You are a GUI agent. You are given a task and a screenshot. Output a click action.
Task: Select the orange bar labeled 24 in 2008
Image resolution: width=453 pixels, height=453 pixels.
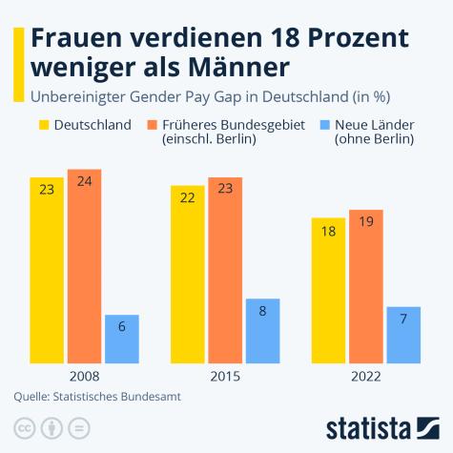84,266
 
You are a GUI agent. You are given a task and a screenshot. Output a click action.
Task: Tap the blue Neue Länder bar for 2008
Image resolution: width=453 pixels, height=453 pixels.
121,339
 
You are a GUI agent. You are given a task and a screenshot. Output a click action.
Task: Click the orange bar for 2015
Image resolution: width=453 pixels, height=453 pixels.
225,271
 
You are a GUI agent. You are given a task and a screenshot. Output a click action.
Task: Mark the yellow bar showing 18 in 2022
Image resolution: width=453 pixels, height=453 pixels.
329,290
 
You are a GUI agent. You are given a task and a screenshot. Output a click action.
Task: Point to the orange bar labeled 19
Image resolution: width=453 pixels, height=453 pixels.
366,286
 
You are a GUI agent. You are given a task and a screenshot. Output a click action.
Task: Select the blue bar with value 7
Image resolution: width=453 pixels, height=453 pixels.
403,335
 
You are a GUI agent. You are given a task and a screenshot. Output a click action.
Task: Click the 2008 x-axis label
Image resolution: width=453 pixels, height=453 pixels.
84,377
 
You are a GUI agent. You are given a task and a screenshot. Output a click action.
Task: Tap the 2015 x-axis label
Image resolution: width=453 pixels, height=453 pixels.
225,377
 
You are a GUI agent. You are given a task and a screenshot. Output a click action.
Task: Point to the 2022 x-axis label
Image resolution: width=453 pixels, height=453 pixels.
366,377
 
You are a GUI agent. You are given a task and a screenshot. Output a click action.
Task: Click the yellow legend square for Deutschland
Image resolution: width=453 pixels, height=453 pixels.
44,125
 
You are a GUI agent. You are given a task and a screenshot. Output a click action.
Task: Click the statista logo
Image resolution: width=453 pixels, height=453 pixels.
381,425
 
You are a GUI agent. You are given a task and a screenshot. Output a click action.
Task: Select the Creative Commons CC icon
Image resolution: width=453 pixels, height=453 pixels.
24,426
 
